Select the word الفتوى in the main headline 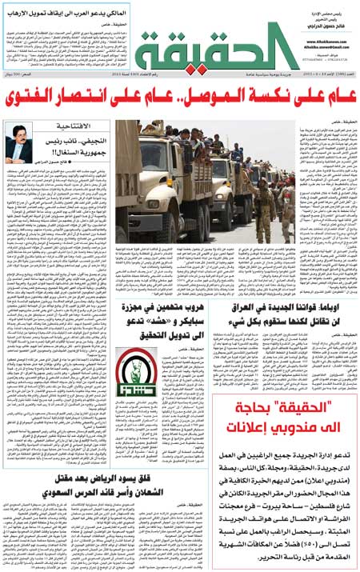(56, 100)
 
